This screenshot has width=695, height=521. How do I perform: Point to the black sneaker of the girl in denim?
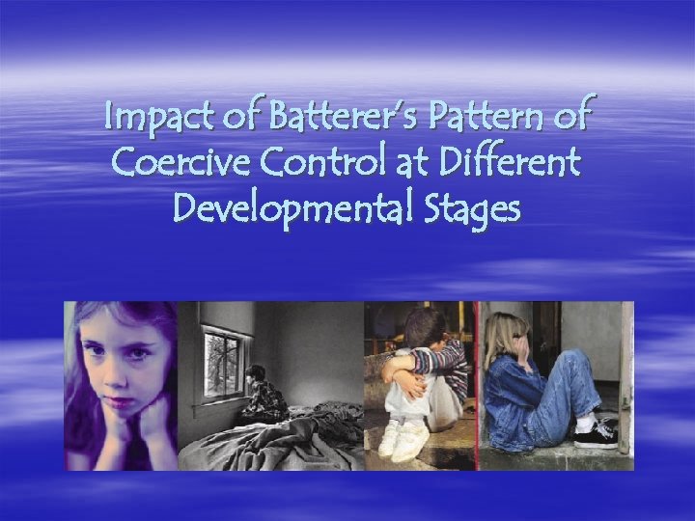click(x=595, y=435)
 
